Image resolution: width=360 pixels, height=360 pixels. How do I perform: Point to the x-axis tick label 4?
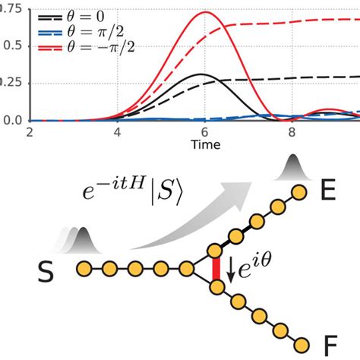(x=118, y=131)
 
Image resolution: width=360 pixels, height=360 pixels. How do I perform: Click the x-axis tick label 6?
(x=205, y=131)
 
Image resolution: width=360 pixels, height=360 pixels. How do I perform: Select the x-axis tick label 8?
(x=293, y=131)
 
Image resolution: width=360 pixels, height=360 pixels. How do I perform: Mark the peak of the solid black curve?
(x=199, y=74)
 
